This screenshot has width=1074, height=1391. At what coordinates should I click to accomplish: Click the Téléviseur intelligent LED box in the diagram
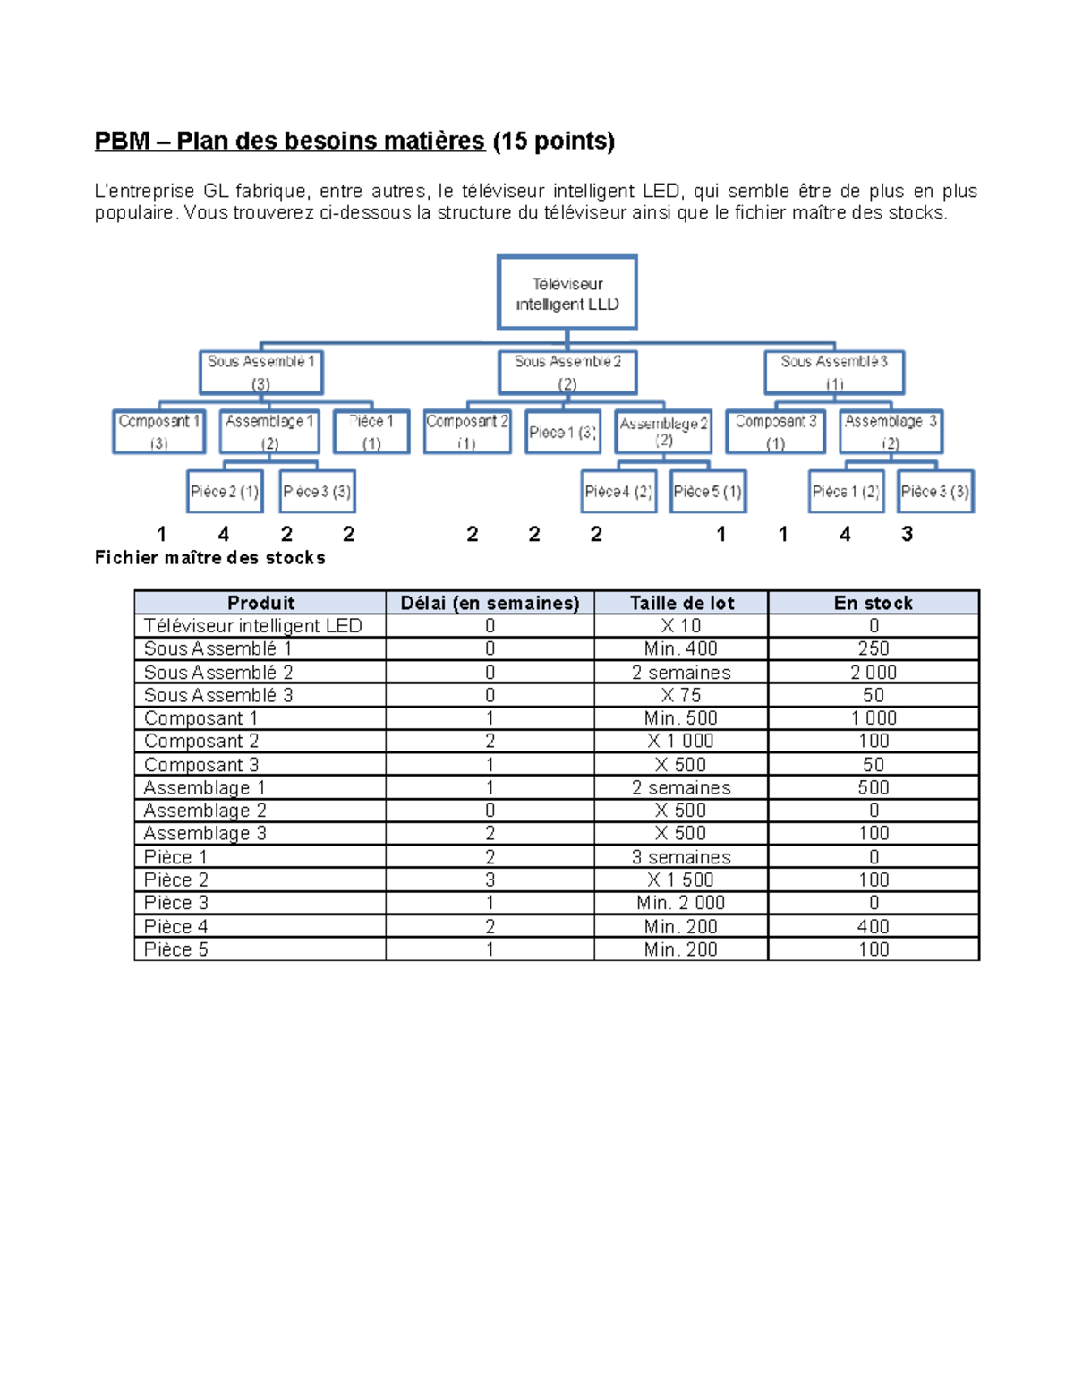tap(567, 293)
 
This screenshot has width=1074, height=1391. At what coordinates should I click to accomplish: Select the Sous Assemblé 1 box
tap(260, 372)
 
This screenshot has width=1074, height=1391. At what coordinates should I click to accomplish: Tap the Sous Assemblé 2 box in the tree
tap(567, 372)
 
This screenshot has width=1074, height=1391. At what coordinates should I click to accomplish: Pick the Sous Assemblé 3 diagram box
tap(834, 372)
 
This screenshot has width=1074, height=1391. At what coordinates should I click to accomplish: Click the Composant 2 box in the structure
tap(467, 431)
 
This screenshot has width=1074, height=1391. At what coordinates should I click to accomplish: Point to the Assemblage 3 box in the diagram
tap(891, 431)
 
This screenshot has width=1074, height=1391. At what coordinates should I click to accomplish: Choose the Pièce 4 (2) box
tap(618, 491)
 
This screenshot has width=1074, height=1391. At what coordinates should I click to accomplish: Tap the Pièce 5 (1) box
tap(708, 491)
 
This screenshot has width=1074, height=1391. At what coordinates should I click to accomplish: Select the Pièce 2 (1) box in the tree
tap(225, 491)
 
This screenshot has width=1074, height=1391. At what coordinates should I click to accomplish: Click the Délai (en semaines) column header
tap(490, 603)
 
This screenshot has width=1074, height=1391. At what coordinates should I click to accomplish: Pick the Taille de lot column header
tap(681, 603)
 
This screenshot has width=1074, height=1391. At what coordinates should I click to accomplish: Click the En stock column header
tap(874, 603)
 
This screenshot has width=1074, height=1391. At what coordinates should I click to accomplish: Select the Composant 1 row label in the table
tap(200, 718)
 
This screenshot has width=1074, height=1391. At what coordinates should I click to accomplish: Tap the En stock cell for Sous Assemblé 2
tap(874, 673)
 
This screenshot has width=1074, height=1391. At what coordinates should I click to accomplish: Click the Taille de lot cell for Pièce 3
tap(681, 903)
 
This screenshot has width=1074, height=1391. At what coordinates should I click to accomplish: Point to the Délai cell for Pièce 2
tap(490, 880)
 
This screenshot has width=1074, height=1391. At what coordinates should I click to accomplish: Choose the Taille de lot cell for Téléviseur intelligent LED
tap(681, 626)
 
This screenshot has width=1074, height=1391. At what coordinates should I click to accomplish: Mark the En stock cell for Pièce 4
tap(874, 926)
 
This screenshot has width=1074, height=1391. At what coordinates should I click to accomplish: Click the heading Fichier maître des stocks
tap(210, 558)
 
